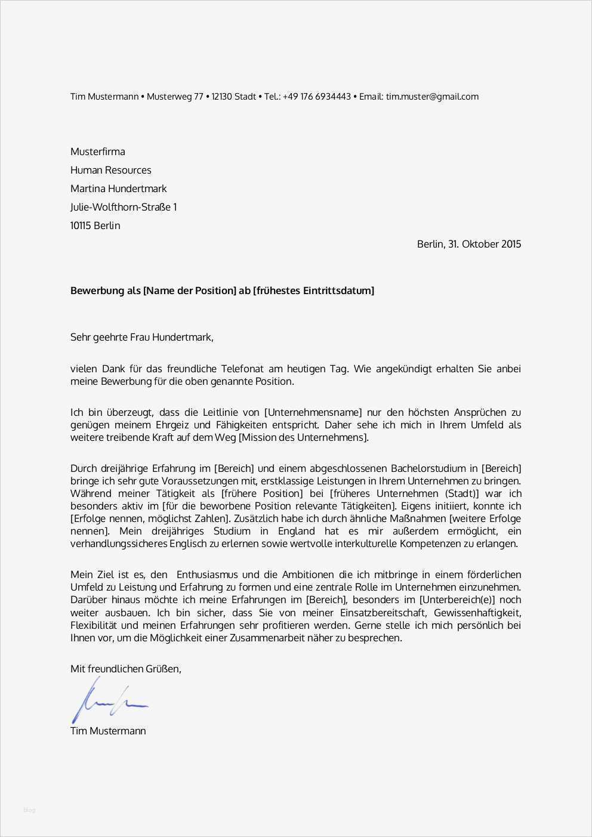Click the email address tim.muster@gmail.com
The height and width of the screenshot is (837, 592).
pyautogui.click(x=432, y=97)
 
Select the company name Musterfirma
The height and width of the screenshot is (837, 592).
pyautogui.click(x=98, y=152)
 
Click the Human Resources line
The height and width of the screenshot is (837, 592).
pyautogui.click(x=111, y=170)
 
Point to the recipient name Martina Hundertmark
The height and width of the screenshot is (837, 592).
pyautogui.click(x=119, y=189)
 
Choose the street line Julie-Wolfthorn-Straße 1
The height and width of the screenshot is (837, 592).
pyautogui.click(x=124, y=207)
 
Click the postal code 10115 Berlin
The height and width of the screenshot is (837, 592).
pyautogui.click(x=95, y=226)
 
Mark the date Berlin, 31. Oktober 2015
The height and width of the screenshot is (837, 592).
pyautogui.click(x=468, y=244)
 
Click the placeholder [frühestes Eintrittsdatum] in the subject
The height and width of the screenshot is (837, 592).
pyautogui.click(x=314, y=291)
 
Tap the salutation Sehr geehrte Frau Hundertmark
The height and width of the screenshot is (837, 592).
pyautogui.click(x=141, y=337)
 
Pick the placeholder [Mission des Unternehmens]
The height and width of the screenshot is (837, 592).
pyautogui.click(x=304, y=437)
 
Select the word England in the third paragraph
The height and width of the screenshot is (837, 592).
pyautogui.click(x=295, y=531)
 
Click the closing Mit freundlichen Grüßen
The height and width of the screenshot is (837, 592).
pyautogui.click(x=125, y=669)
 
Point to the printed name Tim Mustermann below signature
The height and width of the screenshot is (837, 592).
pyautogui.click(x=108, y=731)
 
